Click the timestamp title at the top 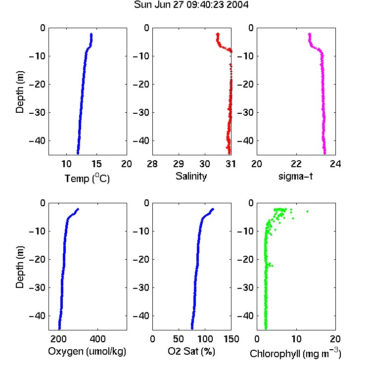coord(191,5)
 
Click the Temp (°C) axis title coord(87,178)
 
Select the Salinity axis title coord(191,176)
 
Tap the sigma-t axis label coord(296,176)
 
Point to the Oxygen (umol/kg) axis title coord(87,351)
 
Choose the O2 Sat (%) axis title coord(191,351)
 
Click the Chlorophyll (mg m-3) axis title coord(295,353)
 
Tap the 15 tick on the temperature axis coord(96,164)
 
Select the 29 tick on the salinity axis coord(179,164)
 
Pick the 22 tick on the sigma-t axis coord(296,164)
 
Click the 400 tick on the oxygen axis coord(98,339)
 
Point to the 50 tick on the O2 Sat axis coord(179,339)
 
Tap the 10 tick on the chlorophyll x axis coord(296,339)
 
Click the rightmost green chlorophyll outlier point coord(307,211)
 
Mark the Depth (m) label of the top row coord(20,92)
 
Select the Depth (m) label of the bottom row coord(20,267)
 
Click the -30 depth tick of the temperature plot coord(37,112)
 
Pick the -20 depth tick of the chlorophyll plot coord(245,259)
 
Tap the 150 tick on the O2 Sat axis coord(231,339)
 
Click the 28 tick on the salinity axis coord(152,164)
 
